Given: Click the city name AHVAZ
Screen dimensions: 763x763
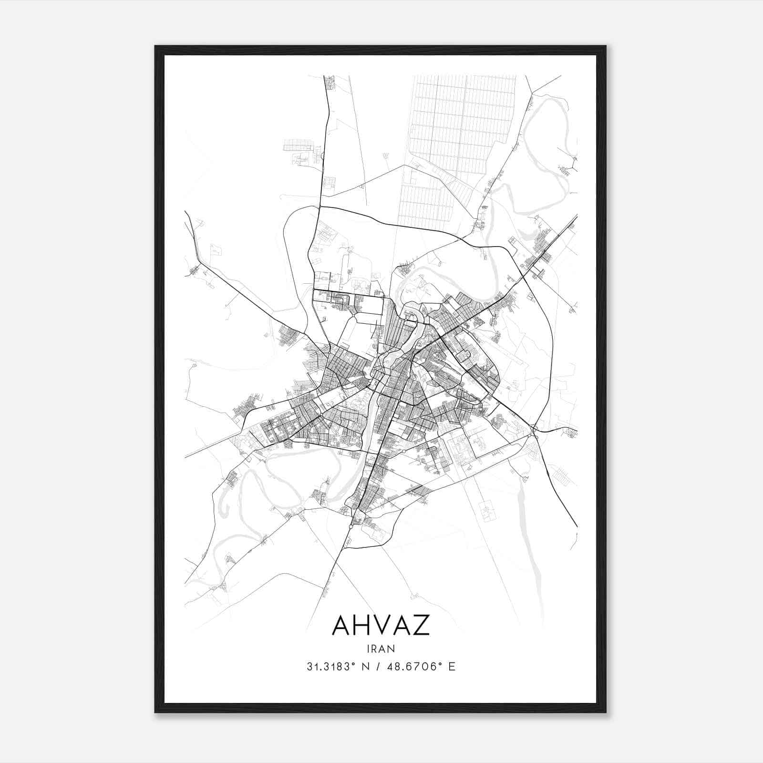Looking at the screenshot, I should (x=381, y=625).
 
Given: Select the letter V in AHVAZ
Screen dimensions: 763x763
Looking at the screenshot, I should (x=381, y=625).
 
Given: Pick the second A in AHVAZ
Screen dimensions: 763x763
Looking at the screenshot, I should (x=402, y=625).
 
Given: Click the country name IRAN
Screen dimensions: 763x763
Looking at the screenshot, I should (x=381, y=649).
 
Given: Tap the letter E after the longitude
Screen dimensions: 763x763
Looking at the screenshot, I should (x=452, y=667).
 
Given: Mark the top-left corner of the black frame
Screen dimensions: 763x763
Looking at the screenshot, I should (x=155, y=46).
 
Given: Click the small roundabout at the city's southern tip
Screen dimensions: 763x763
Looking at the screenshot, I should (x=351, y=526).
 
